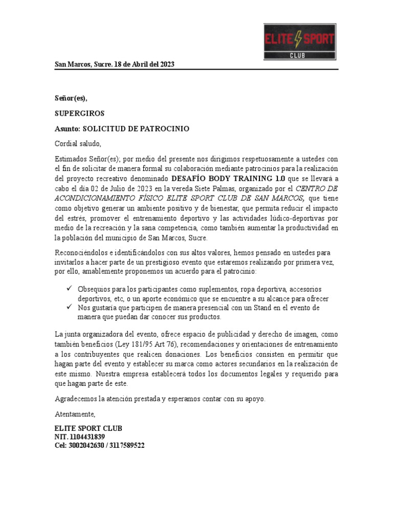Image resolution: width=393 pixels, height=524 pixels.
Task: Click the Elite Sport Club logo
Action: point(299,42)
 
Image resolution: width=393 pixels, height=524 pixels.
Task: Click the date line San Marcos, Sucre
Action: point(115,64)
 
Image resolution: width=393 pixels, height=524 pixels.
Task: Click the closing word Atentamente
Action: point(75,413)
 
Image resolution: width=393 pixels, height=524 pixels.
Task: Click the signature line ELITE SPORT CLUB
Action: point(89,428)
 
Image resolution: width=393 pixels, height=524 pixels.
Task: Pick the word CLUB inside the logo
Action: point(299,55)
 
